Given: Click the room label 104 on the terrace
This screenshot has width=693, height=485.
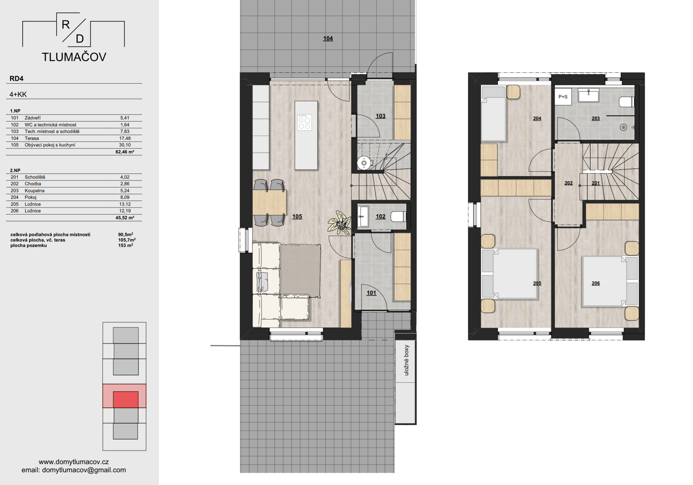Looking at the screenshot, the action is click(x=328, y=38).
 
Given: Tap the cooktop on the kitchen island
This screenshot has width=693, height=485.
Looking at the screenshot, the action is click(x=304, y=122).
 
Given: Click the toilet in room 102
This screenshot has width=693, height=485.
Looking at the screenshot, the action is click(x=398, y=217).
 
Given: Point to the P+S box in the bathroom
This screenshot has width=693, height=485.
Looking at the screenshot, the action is click(x=563, y=97).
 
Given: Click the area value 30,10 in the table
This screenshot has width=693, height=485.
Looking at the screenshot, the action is click(x=125, y=145).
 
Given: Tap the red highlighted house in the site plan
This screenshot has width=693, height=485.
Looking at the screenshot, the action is click(x=125, y=399).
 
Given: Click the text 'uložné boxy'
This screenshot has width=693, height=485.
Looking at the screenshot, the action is click(x=406, y=360).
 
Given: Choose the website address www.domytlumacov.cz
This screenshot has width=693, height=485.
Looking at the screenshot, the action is click(x=74, y=462).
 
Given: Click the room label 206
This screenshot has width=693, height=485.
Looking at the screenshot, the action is click(x=596, y=283).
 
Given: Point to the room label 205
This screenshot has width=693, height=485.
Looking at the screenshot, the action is click(x=537, y=283).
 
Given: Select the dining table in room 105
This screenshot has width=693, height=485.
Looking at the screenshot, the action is click(x=270, y=202).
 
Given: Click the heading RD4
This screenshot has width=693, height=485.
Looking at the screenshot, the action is click(x=16, y=79).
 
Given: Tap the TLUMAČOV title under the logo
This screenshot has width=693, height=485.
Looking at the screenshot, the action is click(x=74, y=57).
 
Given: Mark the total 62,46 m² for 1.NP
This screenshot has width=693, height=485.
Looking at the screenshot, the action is click(x=125, y=152).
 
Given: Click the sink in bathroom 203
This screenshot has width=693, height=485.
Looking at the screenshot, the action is click(x=588, y=95).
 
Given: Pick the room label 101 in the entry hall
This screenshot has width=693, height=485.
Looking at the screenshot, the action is click(x=371, y=293).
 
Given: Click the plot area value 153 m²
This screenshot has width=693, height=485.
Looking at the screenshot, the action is click(x=125, y=245).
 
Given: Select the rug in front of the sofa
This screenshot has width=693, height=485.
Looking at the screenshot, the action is click(x=300, y=271).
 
